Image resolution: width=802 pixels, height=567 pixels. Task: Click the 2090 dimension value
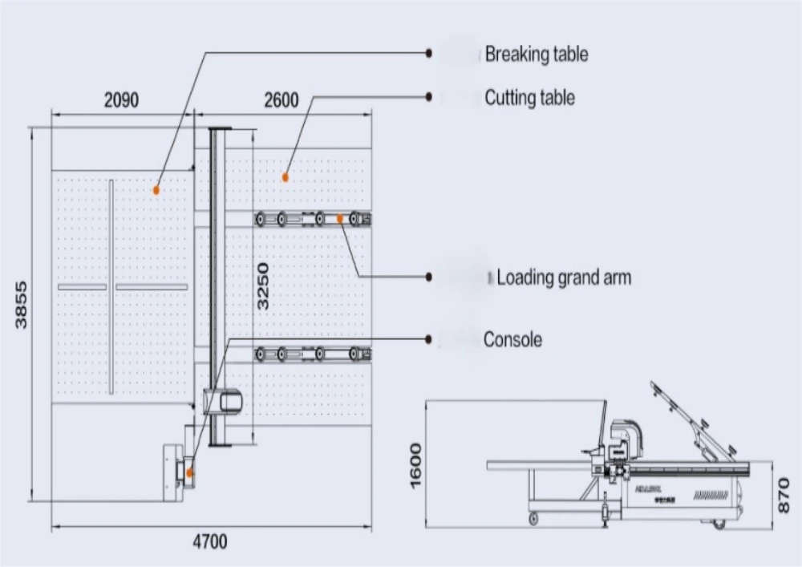tap(120, 100)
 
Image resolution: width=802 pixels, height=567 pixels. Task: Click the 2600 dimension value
tap(281, 100)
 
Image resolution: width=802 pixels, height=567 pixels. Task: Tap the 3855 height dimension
tap(22, 304)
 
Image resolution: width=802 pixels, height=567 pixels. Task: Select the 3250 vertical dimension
tap(264, 286)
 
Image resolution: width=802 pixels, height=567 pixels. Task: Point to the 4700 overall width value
tap(209, 541)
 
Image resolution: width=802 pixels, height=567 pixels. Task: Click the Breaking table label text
tap(536, 55)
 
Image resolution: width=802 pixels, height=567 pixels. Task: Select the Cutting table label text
tap(529, 98)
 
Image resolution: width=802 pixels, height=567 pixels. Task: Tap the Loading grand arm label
tap(563, 278)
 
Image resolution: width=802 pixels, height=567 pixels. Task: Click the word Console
tap(512, 339)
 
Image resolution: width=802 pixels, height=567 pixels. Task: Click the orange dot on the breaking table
tap(156, 190)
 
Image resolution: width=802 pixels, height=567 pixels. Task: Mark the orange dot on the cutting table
tap(283, 176)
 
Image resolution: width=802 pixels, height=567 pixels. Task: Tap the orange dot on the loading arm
tap(340, 217)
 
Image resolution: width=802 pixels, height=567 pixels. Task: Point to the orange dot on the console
tap(190, 472)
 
